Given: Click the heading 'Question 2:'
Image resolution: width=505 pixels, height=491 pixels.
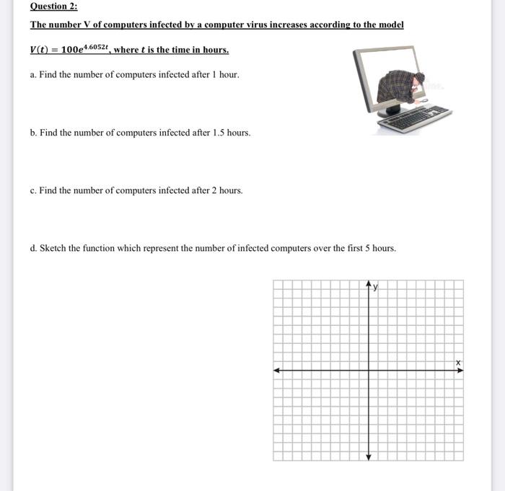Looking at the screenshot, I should [53, 6].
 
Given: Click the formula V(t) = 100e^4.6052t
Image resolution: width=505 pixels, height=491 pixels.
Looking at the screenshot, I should [69, 49].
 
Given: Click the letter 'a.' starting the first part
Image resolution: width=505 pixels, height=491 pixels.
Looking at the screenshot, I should [33, 75].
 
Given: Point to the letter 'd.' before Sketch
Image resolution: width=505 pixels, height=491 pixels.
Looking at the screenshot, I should [33, 248].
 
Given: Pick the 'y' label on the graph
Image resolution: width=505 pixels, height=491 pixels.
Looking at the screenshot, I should [375, 287].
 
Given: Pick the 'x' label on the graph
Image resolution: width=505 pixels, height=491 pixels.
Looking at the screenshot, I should [457, 362].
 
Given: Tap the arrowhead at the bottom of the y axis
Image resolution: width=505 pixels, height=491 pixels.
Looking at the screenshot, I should [368, 457].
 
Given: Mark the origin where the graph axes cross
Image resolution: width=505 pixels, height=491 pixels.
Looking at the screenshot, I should [368, 371].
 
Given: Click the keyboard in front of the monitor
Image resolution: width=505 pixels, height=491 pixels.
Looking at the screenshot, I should [419, 118].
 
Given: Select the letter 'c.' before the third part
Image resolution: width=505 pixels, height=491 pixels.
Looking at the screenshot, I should [33, 190].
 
